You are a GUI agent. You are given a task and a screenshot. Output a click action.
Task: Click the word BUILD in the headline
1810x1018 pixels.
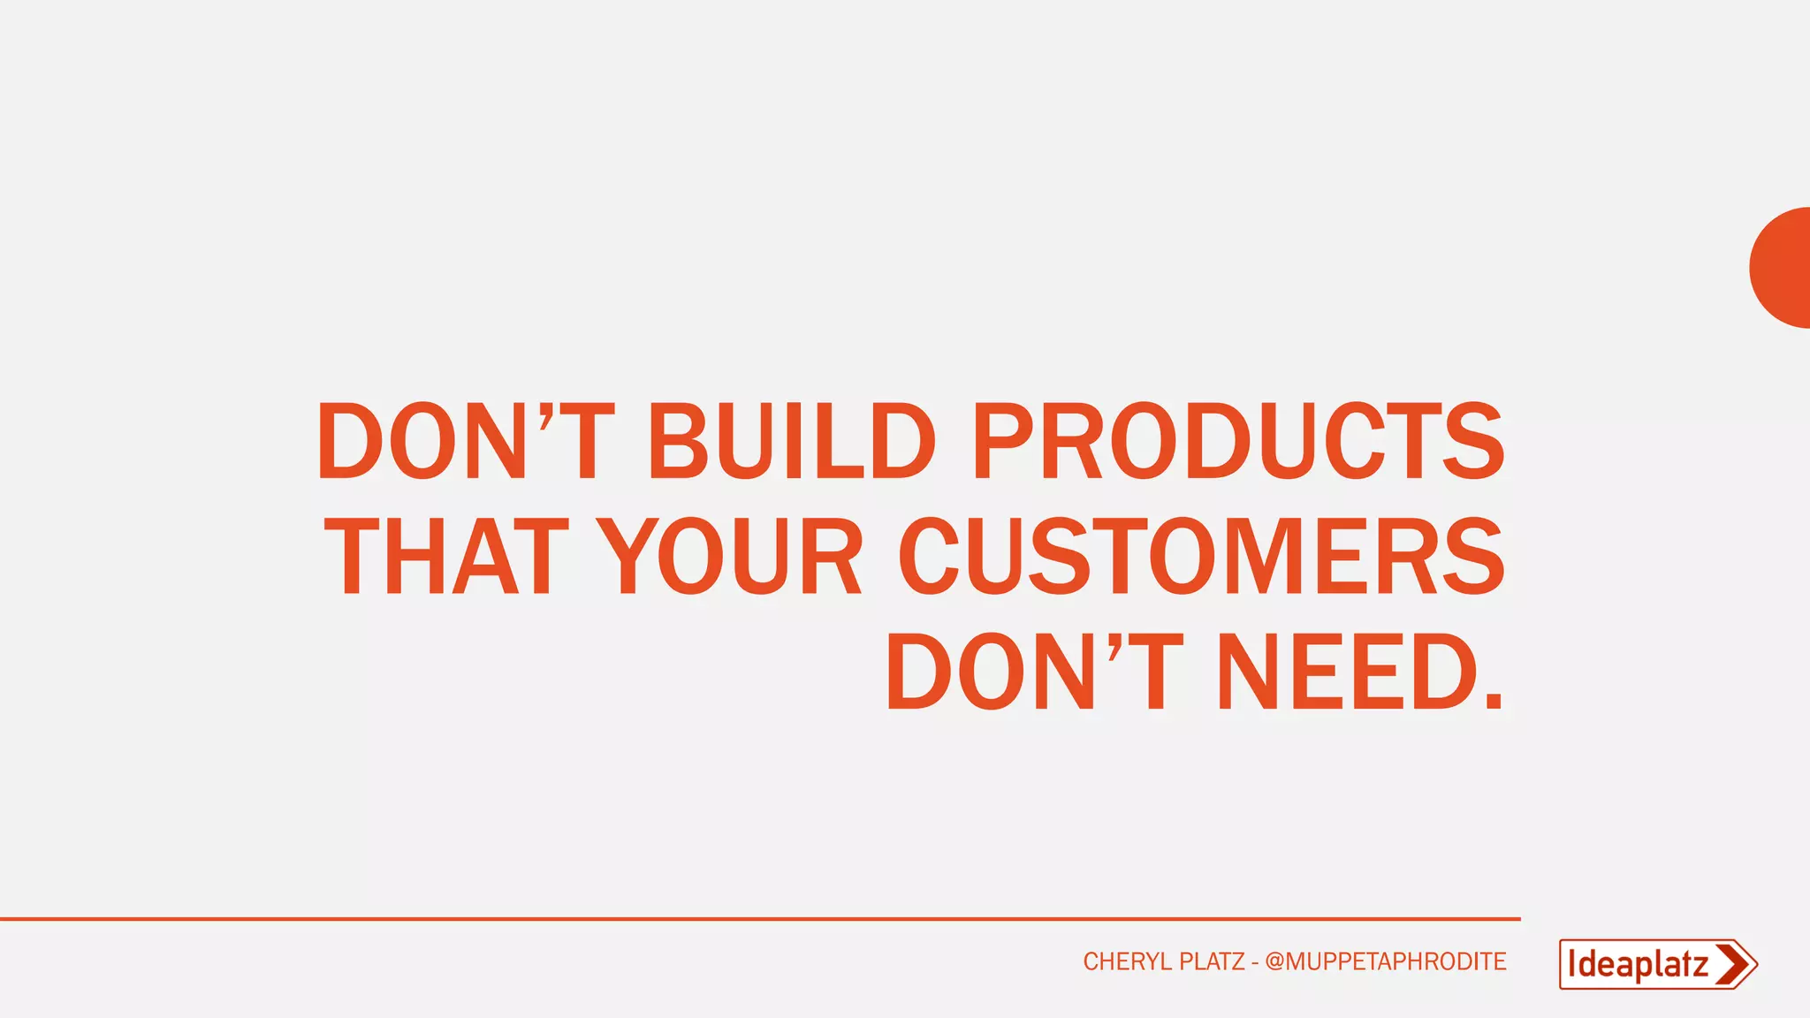coord(791,440)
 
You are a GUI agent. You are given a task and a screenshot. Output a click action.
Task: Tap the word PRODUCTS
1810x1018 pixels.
coord(1237,440)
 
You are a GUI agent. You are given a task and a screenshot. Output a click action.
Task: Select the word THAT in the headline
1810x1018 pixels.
coord(446,556)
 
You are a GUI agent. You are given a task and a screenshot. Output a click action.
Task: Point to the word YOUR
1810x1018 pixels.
coord(729,556)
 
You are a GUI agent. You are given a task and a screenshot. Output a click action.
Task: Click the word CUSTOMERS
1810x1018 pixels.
coord(1201,556)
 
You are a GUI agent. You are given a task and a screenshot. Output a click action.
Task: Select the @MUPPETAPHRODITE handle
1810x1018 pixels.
coord(1385,961)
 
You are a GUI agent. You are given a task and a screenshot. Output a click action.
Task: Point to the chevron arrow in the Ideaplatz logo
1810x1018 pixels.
coord(1733,964)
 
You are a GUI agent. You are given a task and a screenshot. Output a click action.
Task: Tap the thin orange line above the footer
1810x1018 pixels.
coord(760,919)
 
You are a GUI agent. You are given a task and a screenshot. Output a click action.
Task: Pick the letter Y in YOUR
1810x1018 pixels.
coord(626,556)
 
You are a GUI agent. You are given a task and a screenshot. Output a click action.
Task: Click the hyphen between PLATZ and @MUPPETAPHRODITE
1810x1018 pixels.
coord(1255,962)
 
